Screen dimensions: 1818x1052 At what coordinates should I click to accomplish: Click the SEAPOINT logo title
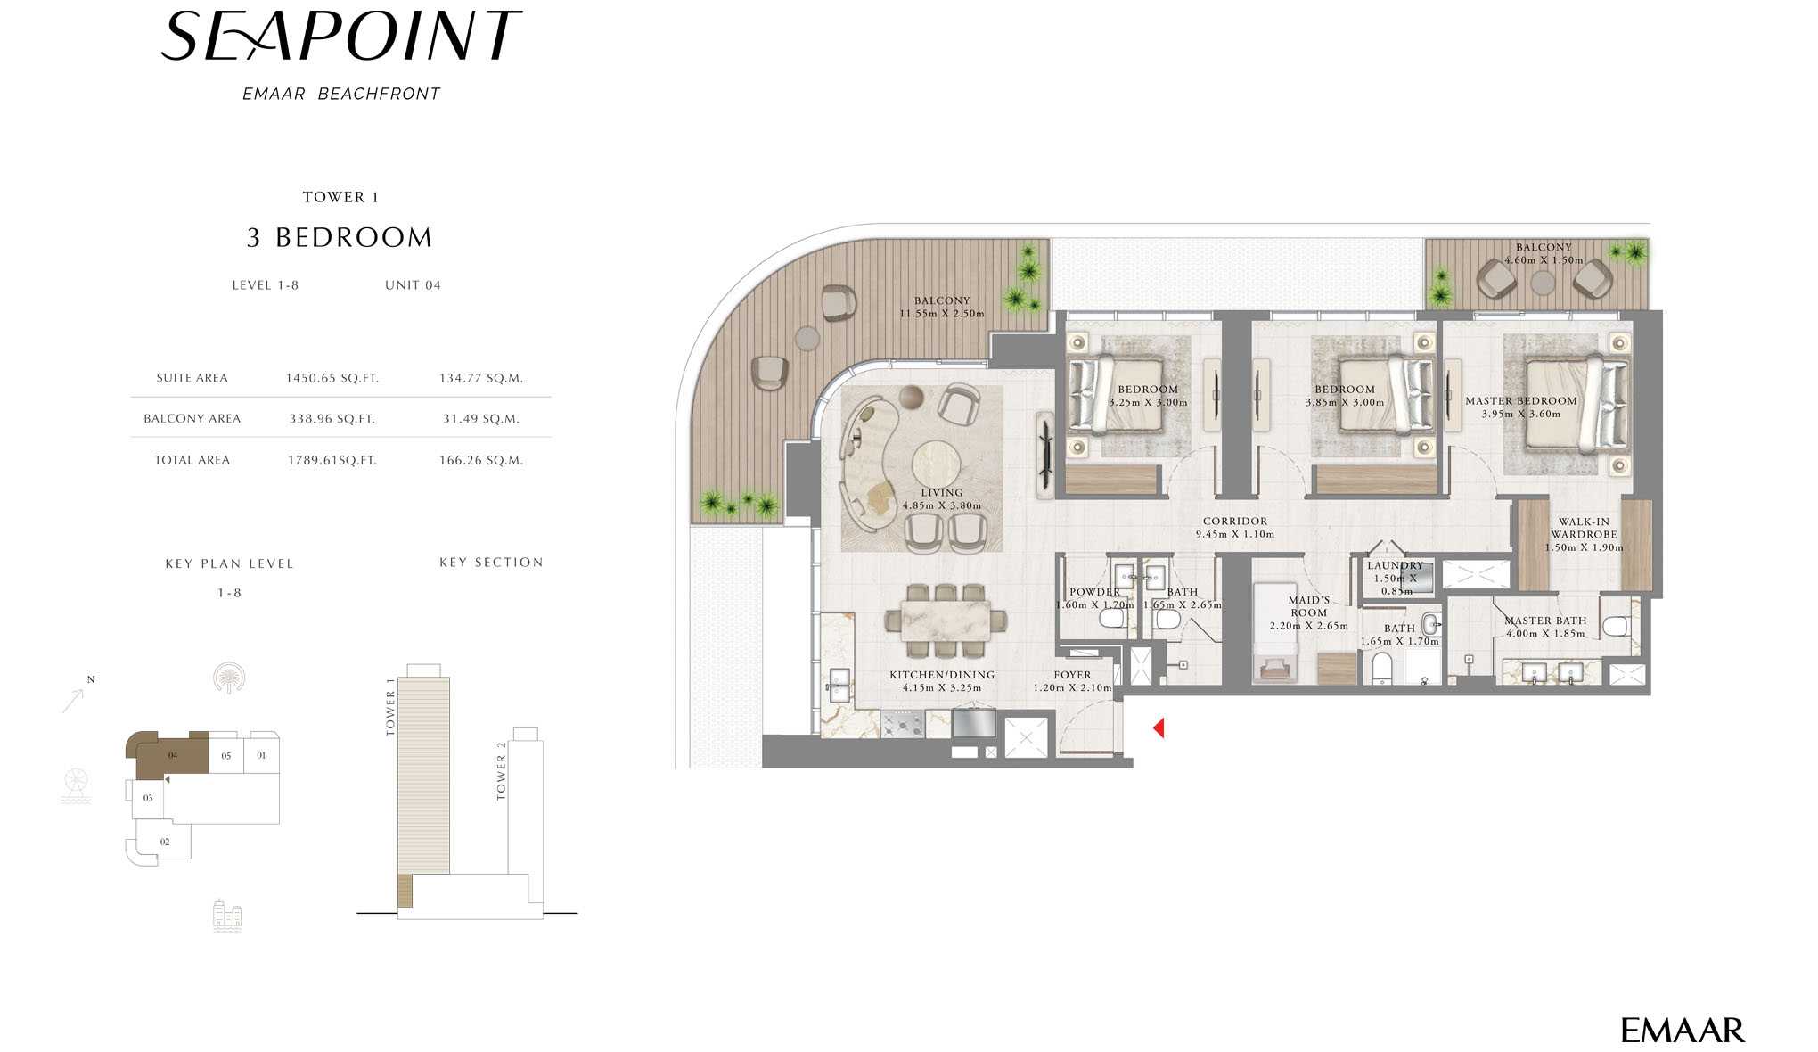coord(341,37)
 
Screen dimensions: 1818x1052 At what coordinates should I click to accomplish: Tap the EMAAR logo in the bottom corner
coord(1683,1031)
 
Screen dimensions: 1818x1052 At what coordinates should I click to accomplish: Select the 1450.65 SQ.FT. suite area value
coord(332,378)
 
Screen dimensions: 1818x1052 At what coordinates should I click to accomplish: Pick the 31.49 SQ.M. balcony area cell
coord(481,419)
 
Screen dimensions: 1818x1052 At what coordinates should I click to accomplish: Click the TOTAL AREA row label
coord(192,460)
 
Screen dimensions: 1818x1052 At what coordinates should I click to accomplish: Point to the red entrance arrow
coord(1159,728)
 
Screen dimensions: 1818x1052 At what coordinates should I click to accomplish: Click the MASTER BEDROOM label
coord(1521,401)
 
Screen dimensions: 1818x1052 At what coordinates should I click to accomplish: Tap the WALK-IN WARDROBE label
coord(1585,529)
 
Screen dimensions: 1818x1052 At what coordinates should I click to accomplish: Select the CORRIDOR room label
coord(1235,522)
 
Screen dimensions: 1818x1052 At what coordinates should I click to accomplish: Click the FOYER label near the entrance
coord(1072,676)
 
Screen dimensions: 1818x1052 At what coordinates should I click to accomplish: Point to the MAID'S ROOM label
coord(1309,606)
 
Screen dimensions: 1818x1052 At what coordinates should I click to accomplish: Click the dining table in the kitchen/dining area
coord(946,620)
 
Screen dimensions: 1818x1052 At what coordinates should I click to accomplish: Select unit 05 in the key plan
coord(226,756)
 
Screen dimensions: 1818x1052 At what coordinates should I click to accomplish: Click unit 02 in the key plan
coord(165,842)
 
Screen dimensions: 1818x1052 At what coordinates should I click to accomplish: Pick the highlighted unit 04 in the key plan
coord(173,756)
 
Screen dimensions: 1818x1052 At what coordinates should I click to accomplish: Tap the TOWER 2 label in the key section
coord(501,770)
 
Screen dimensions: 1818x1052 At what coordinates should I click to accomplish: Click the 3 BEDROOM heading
coord(340,238)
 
